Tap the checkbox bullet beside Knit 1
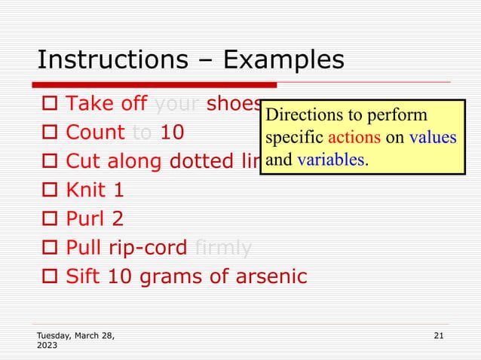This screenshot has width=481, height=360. click(49, 191)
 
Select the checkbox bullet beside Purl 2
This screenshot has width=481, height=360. click(49, 219)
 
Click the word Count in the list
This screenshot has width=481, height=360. click(95, 133)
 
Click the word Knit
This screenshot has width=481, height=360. click(86, 191)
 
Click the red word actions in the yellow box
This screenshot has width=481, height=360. click(352, 139)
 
